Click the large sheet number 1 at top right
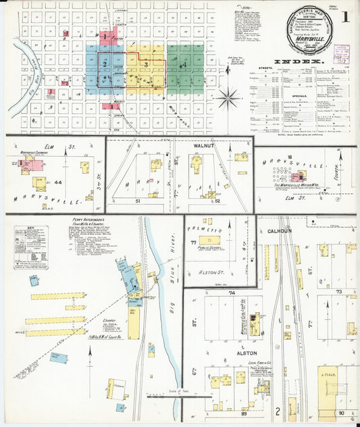tap(346, 17)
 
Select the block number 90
tap(342, 412)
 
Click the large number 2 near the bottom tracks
tap(277, 410)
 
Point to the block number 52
tap(217, 201)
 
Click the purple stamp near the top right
tap(343, 53)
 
